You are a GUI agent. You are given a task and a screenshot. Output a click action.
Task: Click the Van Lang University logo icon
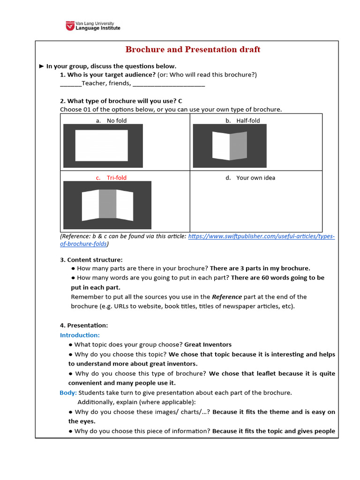pos(70,26)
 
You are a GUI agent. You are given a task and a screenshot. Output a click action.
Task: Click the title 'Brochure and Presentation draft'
pos(193,50)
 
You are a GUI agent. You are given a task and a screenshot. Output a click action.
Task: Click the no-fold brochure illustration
pos(103,146)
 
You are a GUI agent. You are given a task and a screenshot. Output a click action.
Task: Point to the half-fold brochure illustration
pos(230,146)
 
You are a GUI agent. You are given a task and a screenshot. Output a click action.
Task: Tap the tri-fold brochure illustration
pos(107,205)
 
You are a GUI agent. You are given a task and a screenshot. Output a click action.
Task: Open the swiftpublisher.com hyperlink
pos(261,237)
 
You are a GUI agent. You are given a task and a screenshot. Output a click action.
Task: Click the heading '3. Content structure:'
pos(91,260)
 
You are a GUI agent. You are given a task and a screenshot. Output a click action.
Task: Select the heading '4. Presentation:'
pos(84,325)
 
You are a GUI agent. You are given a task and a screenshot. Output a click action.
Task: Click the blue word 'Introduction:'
pos(80,335)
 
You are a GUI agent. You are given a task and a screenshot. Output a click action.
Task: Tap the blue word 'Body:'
pos(68,392)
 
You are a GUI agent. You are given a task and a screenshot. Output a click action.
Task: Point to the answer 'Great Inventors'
pos(208,345)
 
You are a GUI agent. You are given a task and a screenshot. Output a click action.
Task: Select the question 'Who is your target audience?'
pos(107,75)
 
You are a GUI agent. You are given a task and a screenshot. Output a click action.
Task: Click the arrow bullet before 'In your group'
pos(41,66)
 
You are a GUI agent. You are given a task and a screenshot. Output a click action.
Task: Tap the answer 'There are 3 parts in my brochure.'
pos(260,269)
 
